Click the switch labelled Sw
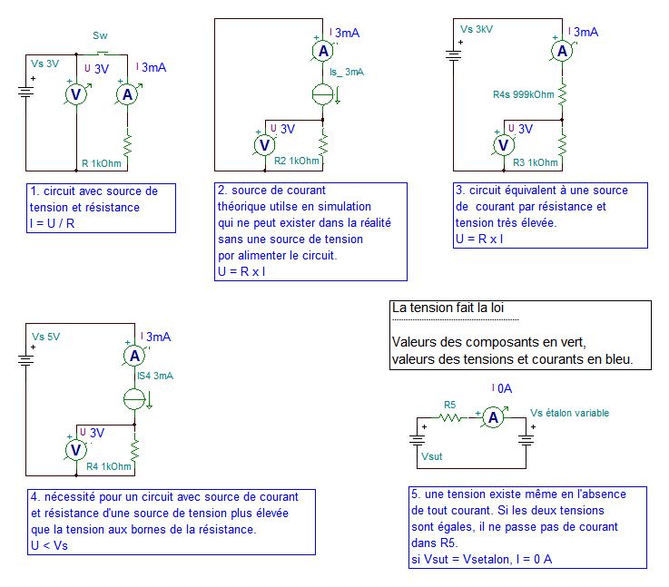point(102,54)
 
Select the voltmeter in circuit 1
point(76,94)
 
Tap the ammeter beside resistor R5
point(493,417)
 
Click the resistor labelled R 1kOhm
point(127,145)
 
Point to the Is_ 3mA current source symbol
point(323,94)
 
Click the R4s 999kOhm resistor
point(562,94)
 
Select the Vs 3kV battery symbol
point(453,55)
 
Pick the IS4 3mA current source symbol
point(134,399)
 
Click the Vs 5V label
point(45,337)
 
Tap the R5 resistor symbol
point(450,417)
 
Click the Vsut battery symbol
point(417,439)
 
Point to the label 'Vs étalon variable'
point(569,413)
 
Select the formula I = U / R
point(52,223)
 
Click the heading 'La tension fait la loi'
point(448,308)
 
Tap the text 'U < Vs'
point(50,545)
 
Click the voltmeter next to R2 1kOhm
point(265,145)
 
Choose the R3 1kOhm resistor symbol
point(562,145)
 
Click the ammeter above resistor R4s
point(562,51)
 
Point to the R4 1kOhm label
point(109,466)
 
